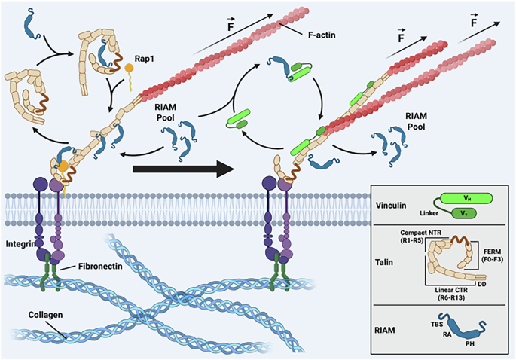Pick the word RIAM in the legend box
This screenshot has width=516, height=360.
[386, 328]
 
